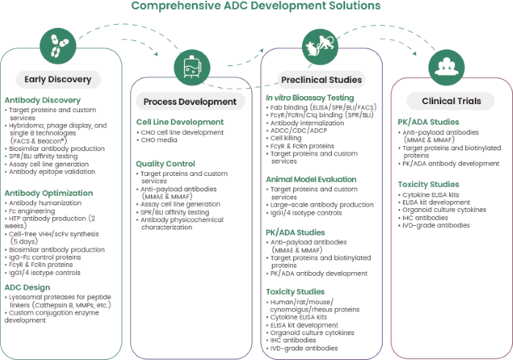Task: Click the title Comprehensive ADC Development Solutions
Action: click(256, 7)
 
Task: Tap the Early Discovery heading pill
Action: click(58, 79)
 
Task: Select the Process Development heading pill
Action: click(190, 101)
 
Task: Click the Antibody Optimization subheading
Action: click(48, 194)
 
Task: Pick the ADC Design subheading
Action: click(28, 287)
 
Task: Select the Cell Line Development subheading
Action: click(180, 122)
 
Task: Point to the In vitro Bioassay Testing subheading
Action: click(310, 98)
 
